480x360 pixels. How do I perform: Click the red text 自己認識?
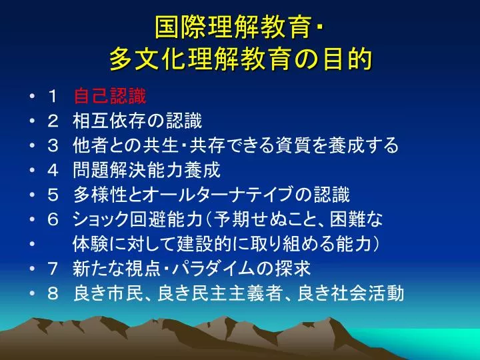(x=110, y=96)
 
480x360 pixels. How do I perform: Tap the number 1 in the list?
(x=53, y=97)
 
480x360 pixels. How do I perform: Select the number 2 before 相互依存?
(x=53, y=121)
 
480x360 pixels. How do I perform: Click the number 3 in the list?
(x=53, y=145)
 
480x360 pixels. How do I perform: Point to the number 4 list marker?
(x=53, y=170)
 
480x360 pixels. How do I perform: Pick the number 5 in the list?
(x=53, y=195)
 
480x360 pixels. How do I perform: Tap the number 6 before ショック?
(x=53, y=219)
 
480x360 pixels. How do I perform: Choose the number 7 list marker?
(x=53, y=269)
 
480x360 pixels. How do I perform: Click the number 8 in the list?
(x=53, y=293)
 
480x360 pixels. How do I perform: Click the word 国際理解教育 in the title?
(x=233, y=27)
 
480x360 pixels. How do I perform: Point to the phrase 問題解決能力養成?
(x=147, y=170)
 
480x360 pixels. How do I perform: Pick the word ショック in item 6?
(x=101, y=219)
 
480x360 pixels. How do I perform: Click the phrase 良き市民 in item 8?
(x=109, y=293)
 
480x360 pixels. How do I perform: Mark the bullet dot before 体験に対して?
(x=32, y=244)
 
